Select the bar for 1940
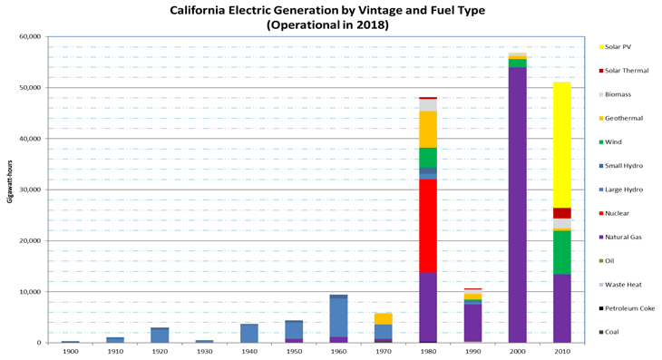pos(248,333)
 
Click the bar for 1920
pos(160,335)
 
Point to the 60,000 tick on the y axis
pos(27,37)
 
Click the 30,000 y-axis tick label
pos(27,190)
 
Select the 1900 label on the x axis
pos(70,352)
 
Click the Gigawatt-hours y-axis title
pos(10,190)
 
